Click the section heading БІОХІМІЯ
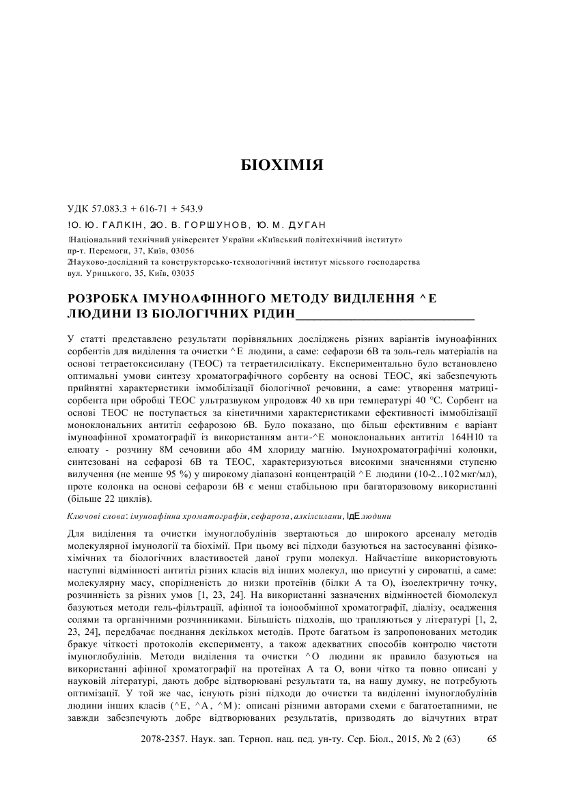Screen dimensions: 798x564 tap(281, 166)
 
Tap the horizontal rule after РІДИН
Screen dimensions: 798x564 tap(384, 318)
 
